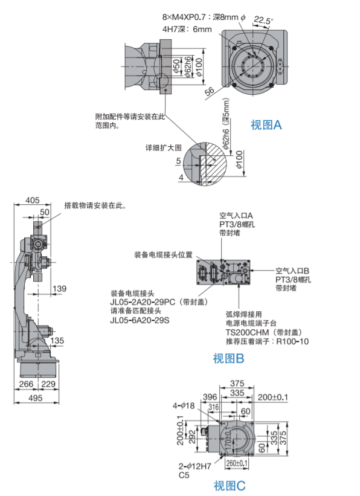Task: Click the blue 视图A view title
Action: [x=266, y=125]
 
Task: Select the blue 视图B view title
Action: [x=228, y=358]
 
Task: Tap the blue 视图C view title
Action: [x=230, y=486]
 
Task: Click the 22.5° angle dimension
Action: [x=263, y=21]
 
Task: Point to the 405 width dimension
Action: [x=32, y=200]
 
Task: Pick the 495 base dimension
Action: [x=35, y=398]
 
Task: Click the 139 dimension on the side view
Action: [x=59, y=289]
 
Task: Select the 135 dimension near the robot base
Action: [x=57, y=341]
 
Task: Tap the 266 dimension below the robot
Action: [x=26, y=384]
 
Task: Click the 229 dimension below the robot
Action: [x=48, y=384]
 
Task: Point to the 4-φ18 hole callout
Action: [x=184, y=405]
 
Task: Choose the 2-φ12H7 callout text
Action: [x=194, y=466]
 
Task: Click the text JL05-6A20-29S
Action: [x=140, y=320]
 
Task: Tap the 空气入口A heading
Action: [x=236, y=216]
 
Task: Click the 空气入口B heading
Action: [x=292, y=271]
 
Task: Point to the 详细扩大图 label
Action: [x=163, y=148]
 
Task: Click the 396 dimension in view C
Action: [x=210, y=397]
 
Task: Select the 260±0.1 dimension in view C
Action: [x=237, y=463]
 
